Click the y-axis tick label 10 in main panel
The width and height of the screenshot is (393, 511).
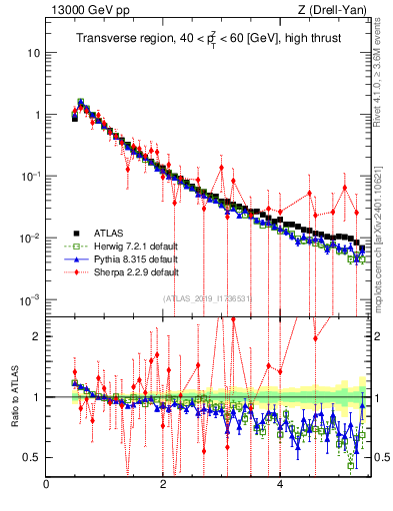click(33, 52)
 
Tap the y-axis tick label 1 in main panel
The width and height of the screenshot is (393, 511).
click(36, 115)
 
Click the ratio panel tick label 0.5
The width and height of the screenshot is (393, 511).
click(31, 457)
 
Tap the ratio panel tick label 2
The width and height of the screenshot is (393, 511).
click(36, 336)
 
